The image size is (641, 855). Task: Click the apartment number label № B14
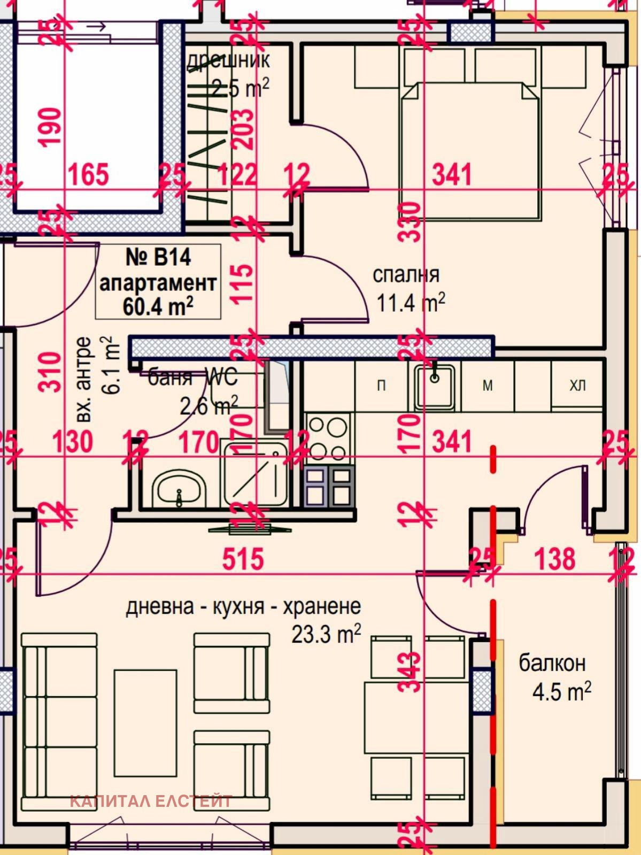158,258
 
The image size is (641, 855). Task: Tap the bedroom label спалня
406,275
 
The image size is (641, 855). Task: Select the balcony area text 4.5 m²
561,692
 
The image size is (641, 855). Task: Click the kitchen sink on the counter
434,386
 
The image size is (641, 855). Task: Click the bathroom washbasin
179,489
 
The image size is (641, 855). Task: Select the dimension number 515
243,559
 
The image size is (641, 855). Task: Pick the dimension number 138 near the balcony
555,559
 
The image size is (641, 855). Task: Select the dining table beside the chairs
417,718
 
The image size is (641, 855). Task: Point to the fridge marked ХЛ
577,386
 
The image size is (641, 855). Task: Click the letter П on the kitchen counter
381,386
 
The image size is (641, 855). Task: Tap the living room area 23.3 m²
326,635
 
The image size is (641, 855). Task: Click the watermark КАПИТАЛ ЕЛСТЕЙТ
151,802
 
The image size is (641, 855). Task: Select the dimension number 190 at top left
51,127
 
